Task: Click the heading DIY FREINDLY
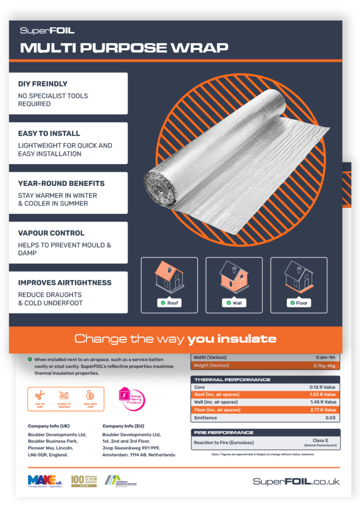(x=43, y=84)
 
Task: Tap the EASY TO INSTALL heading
(x=49, y=133)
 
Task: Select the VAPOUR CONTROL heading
(x=51, y=233)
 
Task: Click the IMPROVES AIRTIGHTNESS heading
(x=65, y=282)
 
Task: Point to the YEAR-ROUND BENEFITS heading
(x=61, y=183)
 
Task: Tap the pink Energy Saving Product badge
(x=132, y=399)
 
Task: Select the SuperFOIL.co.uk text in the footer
(x=296, y=481)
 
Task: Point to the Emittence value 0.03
(x=330, y=418)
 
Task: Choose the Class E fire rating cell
(x=319, y=443)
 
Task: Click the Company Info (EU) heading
(x=123, y=426)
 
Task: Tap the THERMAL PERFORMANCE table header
(x=226, y=380)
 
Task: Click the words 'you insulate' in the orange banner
(x=232, y=339)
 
